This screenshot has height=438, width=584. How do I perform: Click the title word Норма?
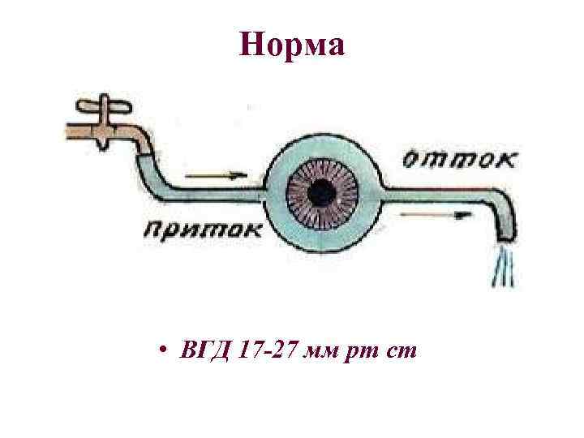point(292,45)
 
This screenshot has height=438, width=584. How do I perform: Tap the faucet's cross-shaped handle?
point(105,107)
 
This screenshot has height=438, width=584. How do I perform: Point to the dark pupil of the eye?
point(320,192)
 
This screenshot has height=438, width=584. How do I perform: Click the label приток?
point(204,229)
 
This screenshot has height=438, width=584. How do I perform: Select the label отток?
point(458,158)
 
